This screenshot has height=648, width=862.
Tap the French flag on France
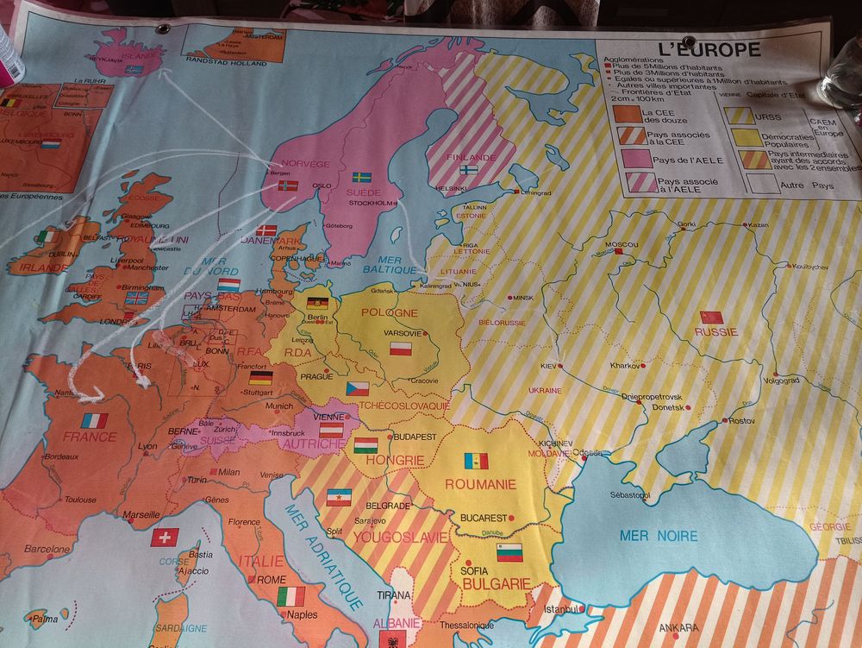click(95, 420)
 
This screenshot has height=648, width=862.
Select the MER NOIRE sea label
click(659, 536)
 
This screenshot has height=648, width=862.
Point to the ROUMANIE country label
click(480, 484)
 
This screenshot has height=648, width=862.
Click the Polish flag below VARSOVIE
click(402, 349)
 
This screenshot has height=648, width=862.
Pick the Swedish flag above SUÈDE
click(362, 177)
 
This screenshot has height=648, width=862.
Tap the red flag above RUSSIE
click(711, 317)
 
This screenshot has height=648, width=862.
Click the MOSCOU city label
click(622, 245)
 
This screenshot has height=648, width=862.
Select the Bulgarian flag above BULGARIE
click(509, 552)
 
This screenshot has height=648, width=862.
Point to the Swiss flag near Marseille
click(165, 537)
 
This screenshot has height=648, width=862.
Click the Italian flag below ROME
click(290, 596)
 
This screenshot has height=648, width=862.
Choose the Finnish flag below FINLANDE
click(469, 170)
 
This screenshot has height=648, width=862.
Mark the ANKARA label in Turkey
click(678, 627)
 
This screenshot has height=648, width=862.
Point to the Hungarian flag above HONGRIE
click(365, 445)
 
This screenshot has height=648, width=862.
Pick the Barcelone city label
click(47, 549)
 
